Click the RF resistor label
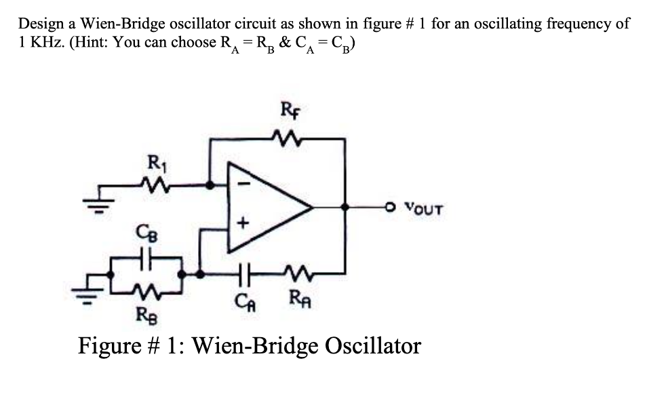coord(290,110)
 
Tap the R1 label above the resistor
coord(157,163)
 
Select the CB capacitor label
coord(147,233)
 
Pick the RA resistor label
coord(300,299)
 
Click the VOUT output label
coord(424,209)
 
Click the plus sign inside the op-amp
coord(243,223)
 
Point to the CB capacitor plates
coord(145,258)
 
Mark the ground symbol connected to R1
coord(98,203)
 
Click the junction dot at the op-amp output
coord(345,206)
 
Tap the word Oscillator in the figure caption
coord(373,346)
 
